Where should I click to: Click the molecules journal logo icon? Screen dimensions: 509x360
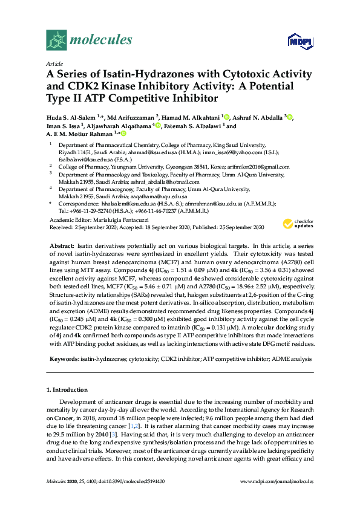tap(57, 41)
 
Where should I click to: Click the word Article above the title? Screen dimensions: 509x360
tap(54, 63)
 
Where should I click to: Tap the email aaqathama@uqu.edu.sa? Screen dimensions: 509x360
tap(159, 196)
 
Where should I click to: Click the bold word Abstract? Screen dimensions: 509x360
tap(61, 247)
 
